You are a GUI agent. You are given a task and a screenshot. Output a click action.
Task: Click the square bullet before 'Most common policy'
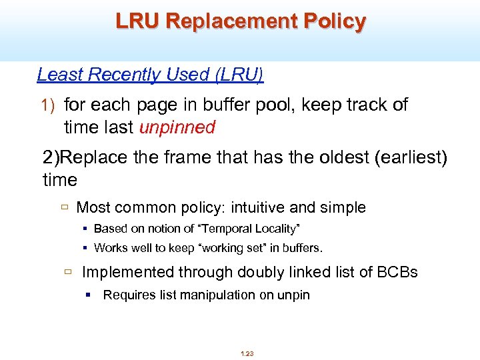tap(65, 207)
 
